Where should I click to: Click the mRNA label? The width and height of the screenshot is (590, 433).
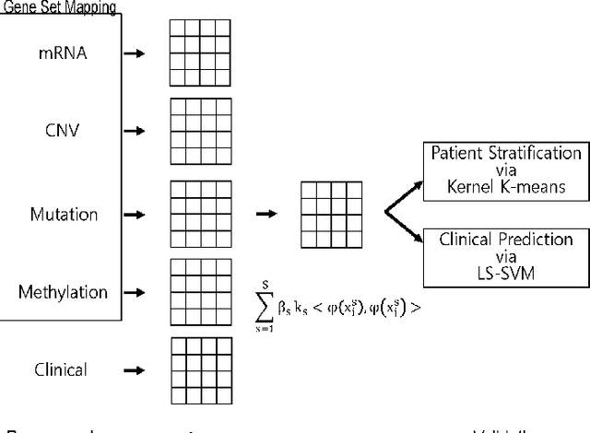62,54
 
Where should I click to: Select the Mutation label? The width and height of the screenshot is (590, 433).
63,215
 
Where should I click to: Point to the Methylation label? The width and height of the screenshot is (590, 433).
63,292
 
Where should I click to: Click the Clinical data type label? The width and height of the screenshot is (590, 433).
62,370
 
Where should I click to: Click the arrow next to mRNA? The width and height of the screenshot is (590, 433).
135,54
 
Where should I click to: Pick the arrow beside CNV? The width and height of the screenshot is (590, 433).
135,131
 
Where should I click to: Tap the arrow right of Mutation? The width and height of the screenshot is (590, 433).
135,215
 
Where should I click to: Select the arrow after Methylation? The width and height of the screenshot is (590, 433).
135,292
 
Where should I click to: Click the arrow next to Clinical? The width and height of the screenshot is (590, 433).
135,370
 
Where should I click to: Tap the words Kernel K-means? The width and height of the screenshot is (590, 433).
506,186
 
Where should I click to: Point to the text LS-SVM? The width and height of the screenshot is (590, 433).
506,274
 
